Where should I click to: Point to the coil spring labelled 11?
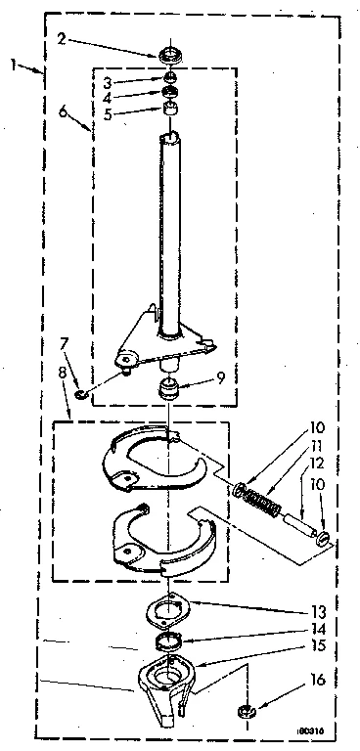tap(259, 495)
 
